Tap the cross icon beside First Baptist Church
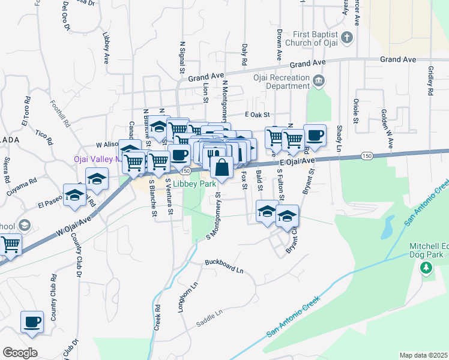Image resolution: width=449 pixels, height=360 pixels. point(346,38)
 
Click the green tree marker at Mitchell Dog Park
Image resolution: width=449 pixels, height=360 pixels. point(426,267)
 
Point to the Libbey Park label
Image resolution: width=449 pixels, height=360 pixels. point(195,184)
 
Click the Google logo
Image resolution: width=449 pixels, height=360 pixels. point(20,353)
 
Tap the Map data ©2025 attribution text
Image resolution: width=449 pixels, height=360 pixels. point(423,355)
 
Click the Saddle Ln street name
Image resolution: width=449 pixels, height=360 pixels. point(210,319)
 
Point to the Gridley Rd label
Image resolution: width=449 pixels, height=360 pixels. point(430,82)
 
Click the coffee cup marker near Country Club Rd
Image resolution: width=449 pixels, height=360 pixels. point(32,322)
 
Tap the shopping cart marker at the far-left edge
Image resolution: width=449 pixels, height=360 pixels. point(10,245)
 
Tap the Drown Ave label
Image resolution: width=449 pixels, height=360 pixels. point(279,44)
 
